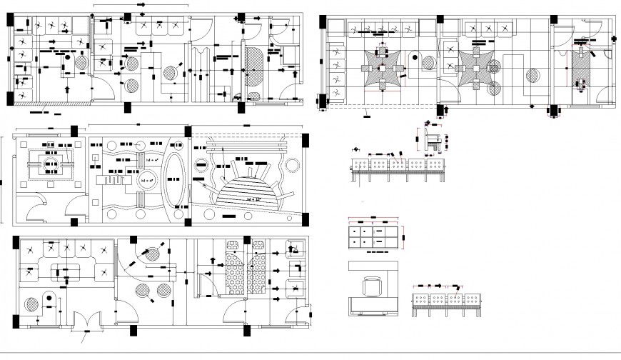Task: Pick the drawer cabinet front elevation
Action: pos(374,236)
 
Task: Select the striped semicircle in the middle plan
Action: pos(246,191)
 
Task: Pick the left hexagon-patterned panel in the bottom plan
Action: pos(232,275)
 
